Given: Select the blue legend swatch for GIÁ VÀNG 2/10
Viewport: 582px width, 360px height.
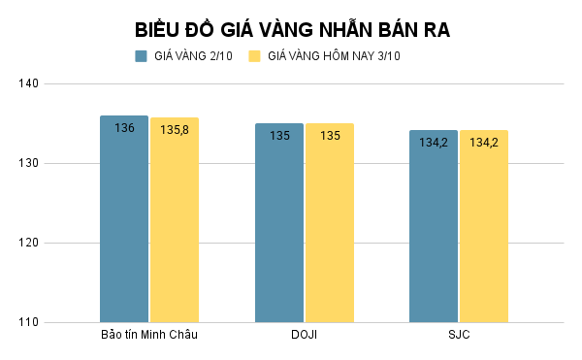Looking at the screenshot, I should point(141,55).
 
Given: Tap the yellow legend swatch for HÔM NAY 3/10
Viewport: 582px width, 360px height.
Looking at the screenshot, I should point(255,55).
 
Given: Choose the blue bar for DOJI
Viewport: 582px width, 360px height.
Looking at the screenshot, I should point(279,223).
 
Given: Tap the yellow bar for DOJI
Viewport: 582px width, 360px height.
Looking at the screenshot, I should point(330,223).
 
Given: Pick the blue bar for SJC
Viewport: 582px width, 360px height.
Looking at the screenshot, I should point(434,228).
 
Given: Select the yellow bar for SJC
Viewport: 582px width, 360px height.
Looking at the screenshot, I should point(484,228).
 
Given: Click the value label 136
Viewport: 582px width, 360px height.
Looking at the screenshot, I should point(124,128).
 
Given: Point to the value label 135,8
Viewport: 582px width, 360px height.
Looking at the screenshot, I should point(175,129).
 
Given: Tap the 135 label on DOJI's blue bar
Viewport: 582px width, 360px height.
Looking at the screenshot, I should point(279,136).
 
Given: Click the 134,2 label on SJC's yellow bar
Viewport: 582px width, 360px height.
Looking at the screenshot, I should point(484,143).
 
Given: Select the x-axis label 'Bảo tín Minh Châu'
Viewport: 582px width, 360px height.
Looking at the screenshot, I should point(149,336).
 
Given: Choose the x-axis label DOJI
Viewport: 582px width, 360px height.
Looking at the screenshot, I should point(304,336).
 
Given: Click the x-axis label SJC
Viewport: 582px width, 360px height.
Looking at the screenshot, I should point(459,336).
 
